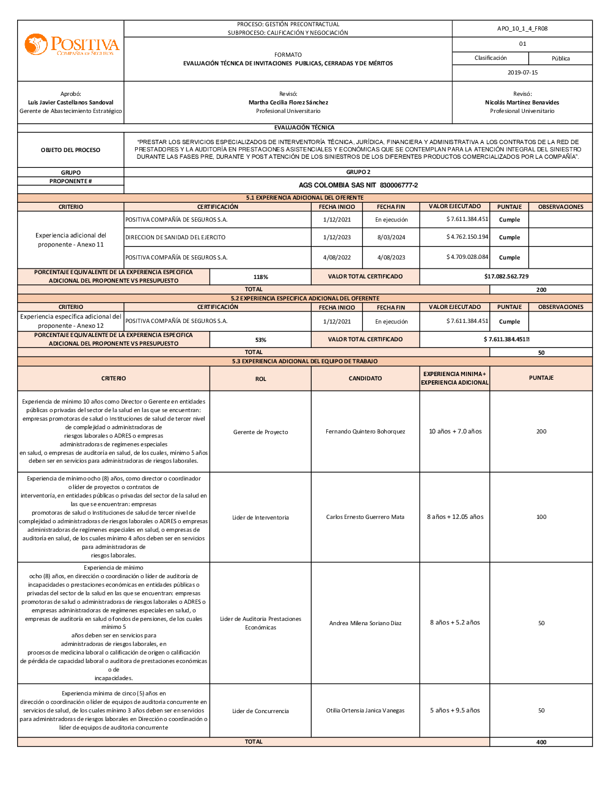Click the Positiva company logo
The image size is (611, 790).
tap(71, 45)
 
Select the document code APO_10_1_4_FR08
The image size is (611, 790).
tap(522, 29)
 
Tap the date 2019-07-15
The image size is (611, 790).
tap(522, 73)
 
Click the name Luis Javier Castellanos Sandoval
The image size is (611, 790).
tap(71, 103)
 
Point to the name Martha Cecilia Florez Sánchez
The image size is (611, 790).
tap(288, 103)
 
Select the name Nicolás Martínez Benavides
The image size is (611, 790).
tap(522, 103)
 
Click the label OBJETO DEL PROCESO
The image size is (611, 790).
tap(71, 150)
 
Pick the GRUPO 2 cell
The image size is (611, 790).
tap(358, 172)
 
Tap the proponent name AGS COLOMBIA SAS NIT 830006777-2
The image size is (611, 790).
tap(358, 185)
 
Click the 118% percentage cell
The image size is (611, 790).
tap(261, 277)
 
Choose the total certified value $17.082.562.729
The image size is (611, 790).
tap(506, 277)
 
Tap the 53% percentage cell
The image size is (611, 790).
tap(261, 340)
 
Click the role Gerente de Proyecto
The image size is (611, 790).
tap(260, 432)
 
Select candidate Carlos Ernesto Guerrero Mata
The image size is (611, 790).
tap(365, 517)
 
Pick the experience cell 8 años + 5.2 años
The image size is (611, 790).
tap(455, 623)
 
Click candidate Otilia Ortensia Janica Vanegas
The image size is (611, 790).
tap(365, 711)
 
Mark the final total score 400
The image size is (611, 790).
tap(541, 742)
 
